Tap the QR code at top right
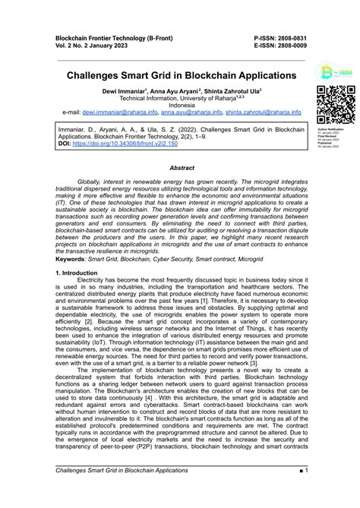click(335, 106)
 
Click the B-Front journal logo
click(334, 74)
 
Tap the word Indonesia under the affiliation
click(181, 105)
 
